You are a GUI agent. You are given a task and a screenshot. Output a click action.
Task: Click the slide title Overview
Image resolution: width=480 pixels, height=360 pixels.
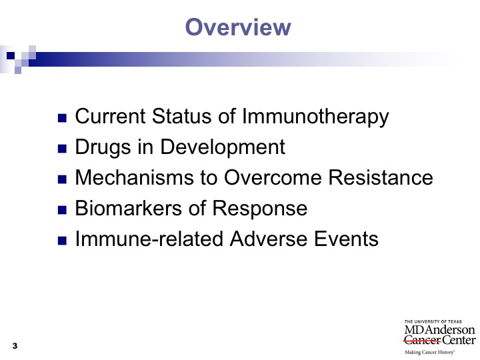tap(238, 27)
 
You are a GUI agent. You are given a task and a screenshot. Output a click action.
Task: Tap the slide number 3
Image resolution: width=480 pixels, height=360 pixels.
tap(15, 346)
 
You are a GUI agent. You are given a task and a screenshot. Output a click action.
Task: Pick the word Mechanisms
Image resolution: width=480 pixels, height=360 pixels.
tap(135, 177)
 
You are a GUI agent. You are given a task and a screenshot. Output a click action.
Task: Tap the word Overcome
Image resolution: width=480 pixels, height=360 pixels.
tap(273, 177)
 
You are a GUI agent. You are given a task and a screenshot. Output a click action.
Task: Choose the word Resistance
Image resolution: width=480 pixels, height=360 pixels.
tap(381, 177)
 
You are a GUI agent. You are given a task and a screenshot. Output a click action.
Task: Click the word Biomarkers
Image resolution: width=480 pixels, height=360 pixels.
tap(128, 208)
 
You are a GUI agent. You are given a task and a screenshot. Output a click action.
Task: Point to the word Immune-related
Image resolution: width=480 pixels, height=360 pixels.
tap(149, 239)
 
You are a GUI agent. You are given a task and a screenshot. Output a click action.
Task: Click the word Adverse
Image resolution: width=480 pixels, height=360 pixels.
tap(269, 239)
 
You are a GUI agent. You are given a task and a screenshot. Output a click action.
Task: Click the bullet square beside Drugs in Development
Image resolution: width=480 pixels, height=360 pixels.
tap(62, 149)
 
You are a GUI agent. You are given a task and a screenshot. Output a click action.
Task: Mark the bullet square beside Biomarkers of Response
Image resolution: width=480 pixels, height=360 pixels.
tap(62, 210)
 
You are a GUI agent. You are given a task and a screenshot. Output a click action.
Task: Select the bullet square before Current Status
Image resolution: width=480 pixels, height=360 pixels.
tap(62, 118)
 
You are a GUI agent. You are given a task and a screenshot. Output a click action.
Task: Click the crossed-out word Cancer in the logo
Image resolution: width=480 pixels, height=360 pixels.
tap(422, 340)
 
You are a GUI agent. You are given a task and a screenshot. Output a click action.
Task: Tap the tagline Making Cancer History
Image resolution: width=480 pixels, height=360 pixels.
tap(429, 353)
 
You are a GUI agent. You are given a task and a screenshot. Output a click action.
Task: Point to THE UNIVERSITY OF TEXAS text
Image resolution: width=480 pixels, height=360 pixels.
tap(433, 322)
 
